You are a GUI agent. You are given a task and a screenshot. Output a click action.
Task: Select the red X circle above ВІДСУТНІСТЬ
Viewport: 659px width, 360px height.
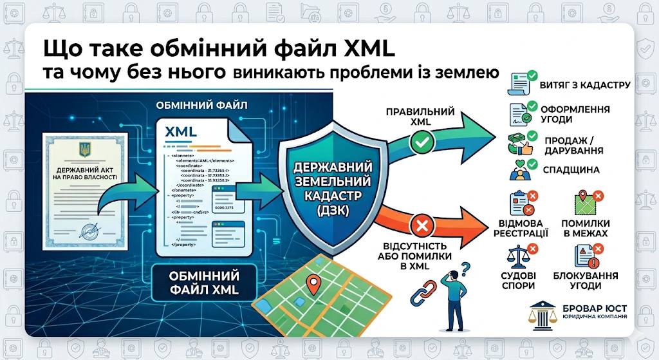click(x=422, y=226)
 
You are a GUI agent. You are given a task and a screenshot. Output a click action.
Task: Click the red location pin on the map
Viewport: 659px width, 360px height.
click(x=314, y=283)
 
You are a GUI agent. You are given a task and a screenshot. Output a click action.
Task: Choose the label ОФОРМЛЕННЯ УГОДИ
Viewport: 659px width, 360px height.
click(x=584, y=115)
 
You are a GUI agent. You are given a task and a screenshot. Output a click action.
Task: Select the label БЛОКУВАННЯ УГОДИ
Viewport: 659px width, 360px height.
click(x=585, y=280)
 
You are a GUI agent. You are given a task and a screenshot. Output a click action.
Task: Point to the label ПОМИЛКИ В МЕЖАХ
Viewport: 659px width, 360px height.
click(x=586, y=228)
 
